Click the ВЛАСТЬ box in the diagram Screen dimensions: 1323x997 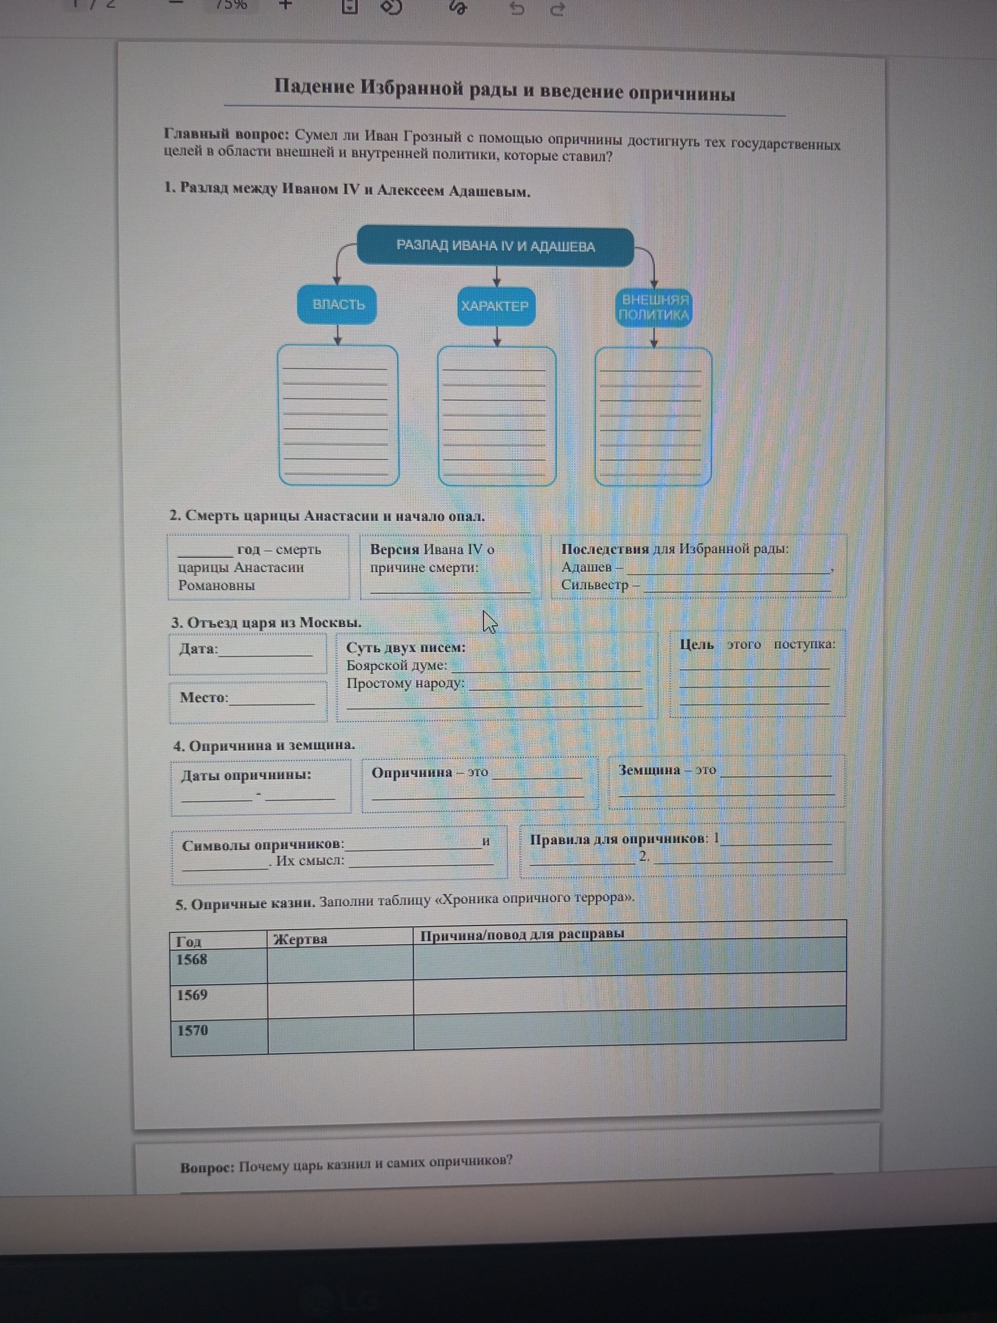(x=337, y=305)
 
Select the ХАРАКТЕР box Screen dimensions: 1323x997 (x=495, y=306)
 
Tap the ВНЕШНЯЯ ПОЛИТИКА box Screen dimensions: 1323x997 (x=654, y=308)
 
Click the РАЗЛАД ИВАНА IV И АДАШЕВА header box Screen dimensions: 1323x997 (x=495, y=246)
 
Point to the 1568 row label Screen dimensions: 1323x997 (x=192, y=959)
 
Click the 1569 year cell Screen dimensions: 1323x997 (x=192, y=995)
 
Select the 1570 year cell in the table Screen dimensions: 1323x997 (x=192, y=1030)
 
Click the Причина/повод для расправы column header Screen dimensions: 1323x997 (x=522, y=934)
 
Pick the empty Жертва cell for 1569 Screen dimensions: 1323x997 (x=340, y=996)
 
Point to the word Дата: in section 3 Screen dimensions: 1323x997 (x=199, y=649)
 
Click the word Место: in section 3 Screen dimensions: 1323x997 (x=204, y=697)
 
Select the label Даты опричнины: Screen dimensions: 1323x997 (x=246, y=775)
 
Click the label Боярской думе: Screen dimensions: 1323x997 (x=397, y=666)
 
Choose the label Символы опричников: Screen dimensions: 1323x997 (x=263, y=845)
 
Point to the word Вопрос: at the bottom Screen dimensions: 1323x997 (x=208, y=1167)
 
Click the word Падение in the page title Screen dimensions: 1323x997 (x=314, y=87)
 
